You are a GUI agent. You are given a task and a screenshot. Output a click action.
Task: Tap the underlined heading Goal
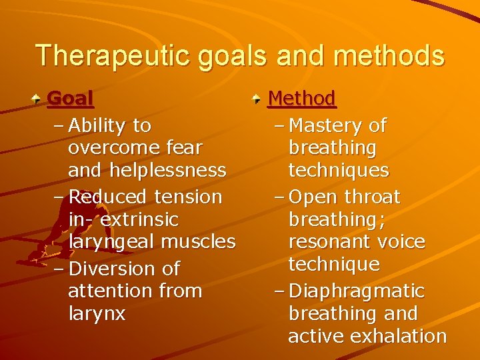[71, 99]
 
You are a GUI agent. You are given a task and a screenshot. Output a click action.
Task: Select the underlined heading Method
[301, 99]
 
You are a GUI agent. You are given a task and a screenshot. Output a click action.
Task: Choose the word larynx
[97, 313]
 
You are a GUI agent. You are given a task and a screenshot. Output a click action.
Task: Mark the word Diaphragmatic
[357, 291]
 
